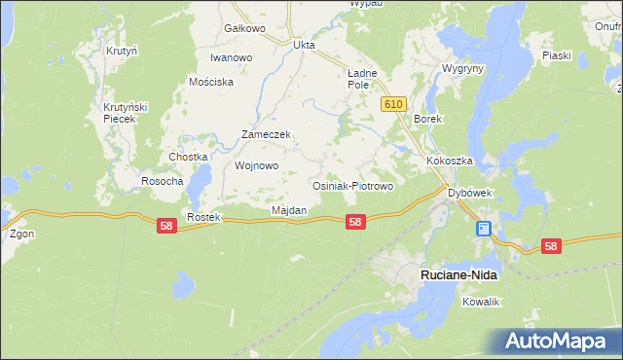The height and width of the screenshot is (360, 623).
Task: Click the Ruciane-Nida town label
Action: tap(458, 275)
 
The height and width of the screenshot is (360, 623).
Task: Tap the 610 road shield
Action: tap(393, 104)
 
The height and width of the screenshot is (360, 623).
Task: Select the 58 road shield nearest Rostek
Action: tap(166, 226)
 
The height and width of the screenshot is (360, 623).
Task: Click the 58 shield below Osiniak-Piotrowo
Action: tap(355, 222)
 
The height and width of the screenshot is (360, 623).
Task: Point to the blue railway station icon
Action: tap(484, 229)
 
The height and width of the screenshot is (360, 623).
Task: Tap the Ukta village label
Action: tap(305, 44)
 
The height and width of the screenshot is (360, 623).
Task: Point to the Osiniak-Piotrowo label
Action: tap(351, 186)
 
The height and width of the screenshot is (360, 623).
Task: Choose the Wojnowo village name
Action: tap(257, 165)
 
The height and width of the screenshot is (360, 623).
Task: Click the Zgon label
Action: tap(21, 234)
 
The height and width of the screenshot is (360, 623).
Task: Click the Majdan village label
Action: tap(289, 210)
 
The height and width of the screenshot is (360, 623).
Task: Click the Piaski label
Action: tap(556, 55)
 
